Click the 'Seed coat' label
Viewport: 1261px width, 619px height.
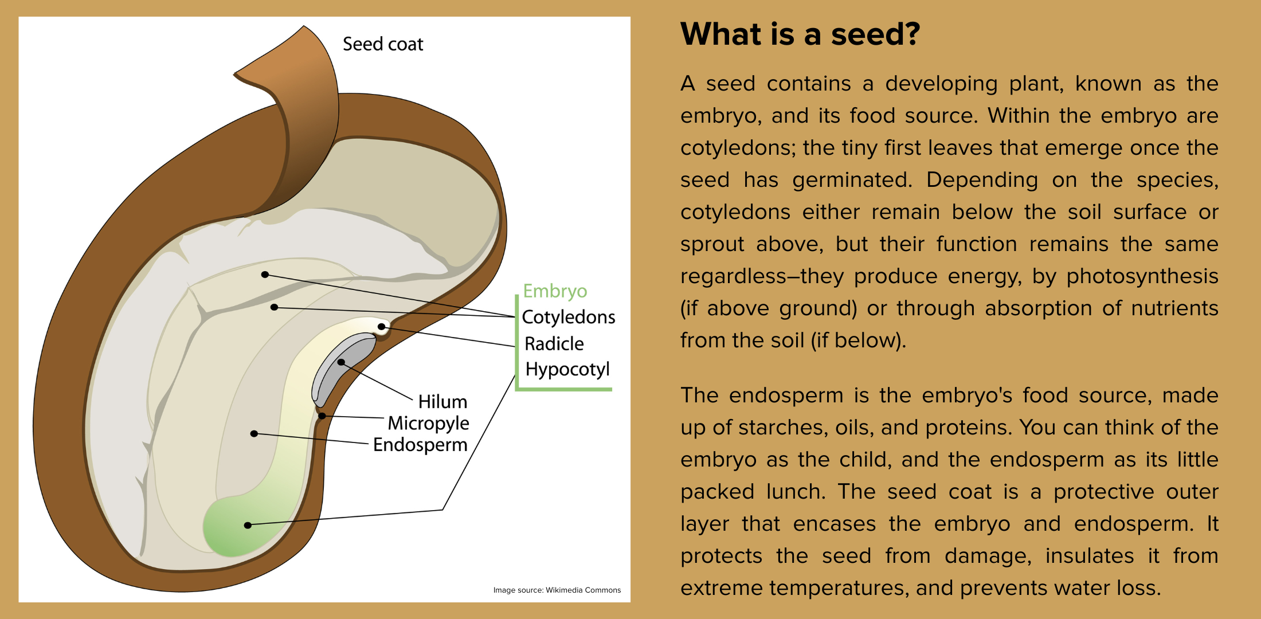(382, 44)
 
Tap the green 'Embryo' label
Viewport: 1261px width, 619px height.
(555, 291)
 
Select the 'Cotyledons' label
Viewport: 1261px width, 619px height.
(568, 317)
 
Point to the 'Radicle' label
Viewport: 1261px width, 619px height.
(554, 344)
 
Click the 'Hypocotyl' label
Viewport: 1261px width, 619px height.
(567, 370)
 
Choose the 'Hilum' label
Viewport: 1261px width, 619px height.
(442, 402)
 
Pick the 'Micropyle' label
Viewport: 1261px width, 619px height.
(428, 423)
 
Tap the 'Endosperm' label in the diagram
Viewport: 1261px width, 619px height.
(420, 445)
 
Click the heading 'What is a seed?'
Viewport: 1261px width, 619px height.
(800, 34)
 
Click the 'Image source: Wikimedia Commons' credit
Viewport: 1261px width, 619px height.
(557, 590)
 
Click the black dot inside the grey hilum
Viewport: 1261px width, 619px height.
(341, 362)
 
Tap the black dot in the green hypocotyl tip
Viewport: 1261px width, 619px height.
(248, 525)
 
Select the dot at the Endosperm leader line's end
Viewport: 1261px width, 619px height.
(254, 433)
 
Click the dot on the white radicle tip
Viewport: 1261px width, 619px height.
(381, 327)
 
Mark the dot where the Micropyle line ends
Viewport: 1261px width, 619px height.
(322, 416)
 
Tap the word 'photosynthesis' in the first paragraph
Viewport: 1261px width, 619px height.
(1142, 277)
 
